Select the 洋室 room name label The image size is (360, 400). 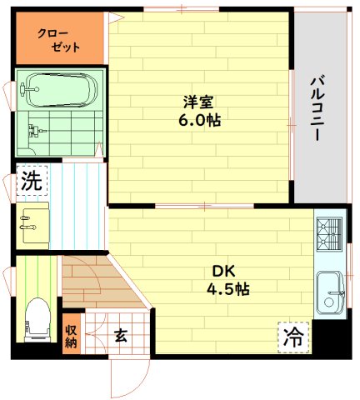click(198, 102)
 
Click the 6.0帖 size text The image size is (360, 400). click(198, 120)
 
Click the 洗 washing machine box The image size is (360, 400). click(32, 181)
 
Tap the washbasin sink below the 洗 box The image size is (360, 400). click(33, 222)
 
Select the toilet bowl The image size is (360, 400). click(37, 319)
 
